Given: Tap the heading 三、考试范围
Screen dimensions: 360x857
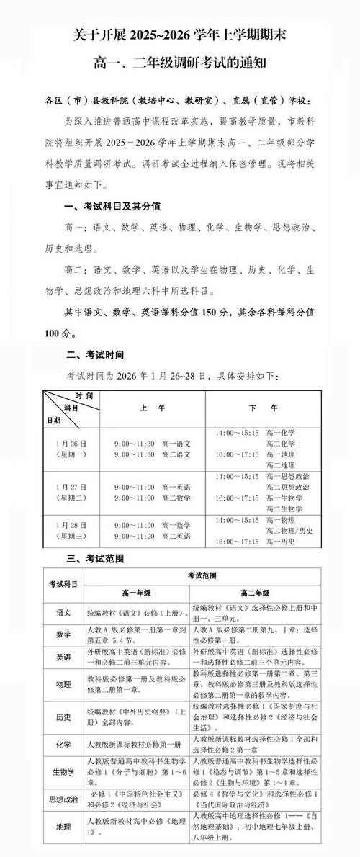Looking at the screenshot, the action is pos(95,557).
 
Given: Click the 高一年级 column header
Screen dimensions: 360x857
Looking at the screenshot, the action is pos(135,593).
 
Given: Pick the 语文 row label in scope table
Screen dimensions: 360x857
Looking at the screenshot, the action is pos(63,612).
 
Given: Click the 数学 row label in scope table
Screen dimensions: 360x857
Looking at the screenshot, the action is pos(63,634).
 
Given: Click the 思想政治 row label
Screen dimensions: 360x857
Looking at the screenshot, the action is pos(63,798).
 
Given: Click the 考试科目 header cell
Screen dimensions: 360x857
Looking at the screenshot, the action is pos(63,583).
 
